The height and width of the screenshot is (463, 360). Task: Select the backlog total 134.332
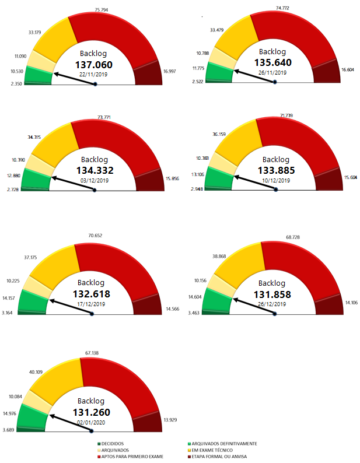pyautogui.click(x=95, y=170)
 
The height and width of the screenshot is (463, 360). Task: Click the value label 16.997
pyautogui.click(x=169, y=71)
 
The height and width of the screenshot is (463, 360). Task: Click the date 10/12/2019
pyautogui.click(x=276, y=180)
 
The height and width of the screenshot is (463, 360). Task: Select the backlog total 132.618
pyautogui.click(x=91, y=294)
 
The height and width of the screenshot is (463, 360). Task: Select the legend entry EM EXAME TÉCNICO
pyautogui.click(x=218, y=450)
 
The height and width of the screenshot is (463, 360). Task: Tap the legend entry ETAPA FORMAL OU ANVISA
pyautogui.click(x=225, y=457)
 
